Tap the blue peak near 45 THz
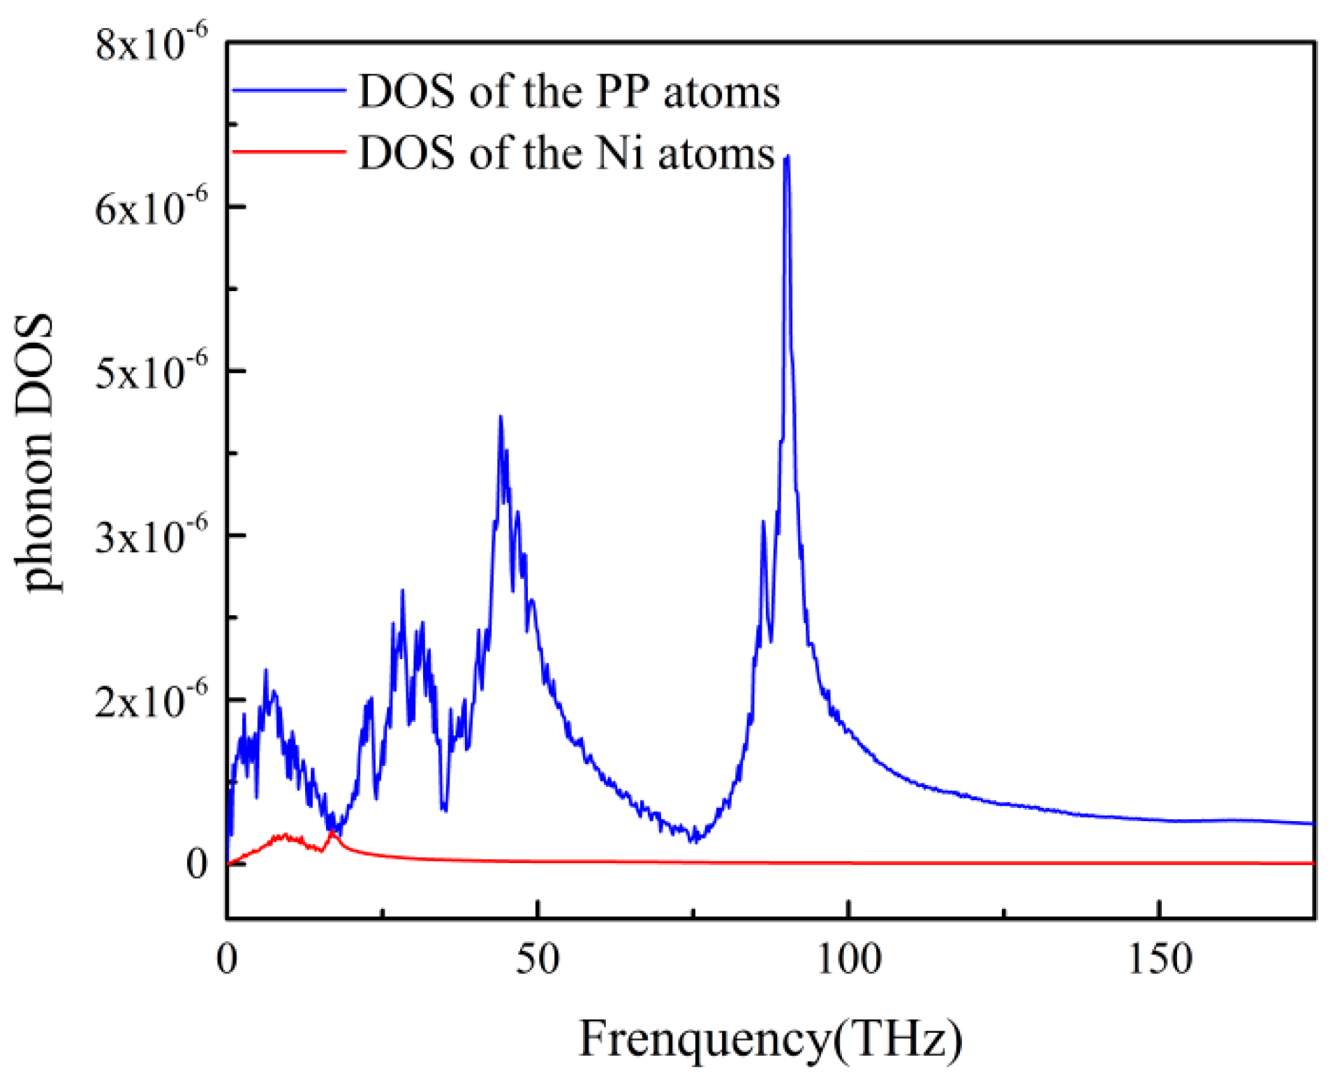pyautogui.click(x=500, y=418)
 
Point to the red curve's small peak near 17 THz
pyautogui.click(x=332, y=832)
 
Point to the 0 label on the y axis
pyautogui.click(x=197, y=864)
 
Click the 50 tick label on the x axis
pyautogui.click(x=538, y=959)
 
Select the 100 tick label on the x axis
pyautogui.click(x=848, y=959)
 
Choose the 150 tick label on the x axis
pyautogui.click(x=1159, y=959)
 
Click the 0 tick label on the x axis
pyautogui.click(x=227, y=959)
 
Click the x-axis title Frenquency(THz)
pyautogui.click(x=770, y=1039)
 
